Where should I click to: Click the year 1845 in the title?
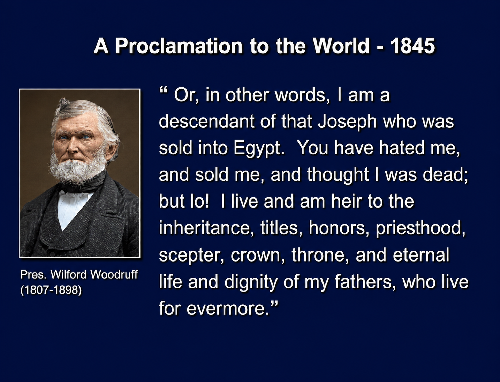[x=412, y=46]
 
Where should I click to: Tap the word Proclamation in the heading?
[x=179, y=46]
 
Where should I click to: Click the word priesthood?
[x=421, y=229]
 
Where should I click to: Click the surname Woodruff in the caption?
[x=114, y=275]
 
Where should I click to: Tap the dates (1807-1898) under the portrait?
[x=51, y=290]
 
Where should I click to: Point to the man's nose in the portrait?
[x=73, y=147]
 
